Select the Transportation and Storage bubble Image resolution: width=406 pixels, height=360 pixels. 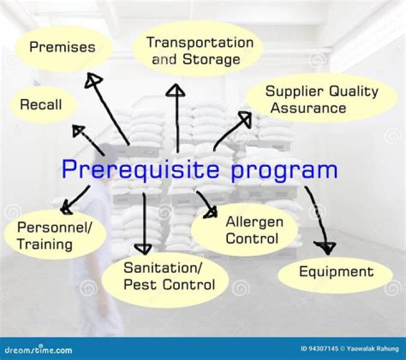click(197, 50)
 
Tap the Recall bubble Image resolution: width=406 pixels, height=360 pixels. click(41, 104)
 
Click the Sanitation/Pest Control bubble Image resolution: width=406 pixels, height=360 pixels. click(169, 275)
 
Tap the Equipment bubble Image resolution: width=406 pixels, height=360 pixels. click(336, 272)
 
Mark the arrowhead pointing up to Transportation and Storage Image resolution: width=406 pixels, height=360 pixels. click(178, 90)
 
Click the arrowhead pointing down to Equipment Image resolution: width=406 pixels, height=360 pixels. click(324, 246)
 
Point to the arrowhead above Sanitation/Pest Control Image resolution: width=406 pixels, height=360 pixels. click(145, 248)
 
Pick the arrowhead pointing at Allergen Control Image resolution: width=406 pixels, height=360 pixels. click(211, 212)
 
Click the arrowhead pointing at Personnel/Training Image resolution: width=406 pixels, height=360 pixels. click(67, 208)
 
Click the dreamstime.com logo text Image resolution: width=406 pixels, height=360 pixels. click(37, 349)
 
